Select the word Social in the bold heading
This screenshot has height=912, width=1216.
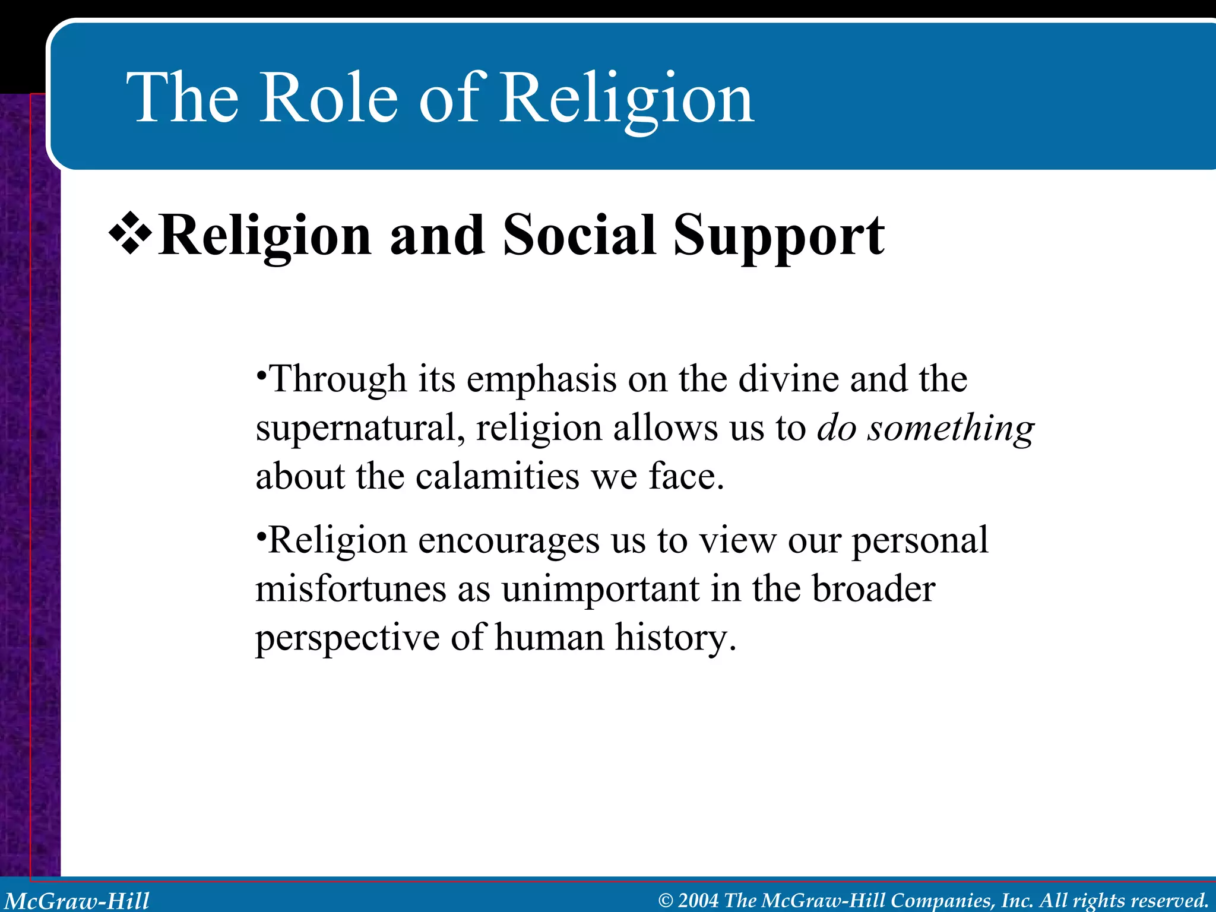[579, 236]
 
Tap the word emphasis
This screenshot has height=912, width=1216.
[541, 380]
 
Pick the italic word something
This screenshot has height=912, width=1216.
[951, 429]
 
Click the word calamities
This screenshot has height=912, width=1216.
[496, 477]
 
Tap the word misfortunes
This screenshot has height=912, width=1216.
[350, 590]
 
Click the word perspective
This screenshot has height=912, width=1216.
[347, 639]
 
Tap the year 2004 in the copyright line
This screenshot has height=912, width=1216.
[698, 900]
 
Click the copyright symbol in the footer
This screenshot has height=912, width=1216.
[666, 901]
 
